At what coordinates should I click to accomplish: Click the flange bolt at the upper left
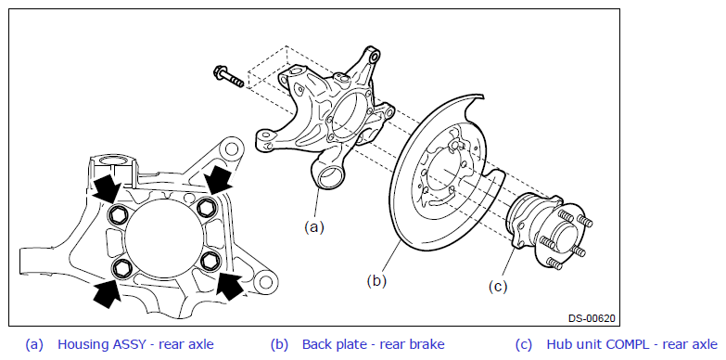tap(228, 77)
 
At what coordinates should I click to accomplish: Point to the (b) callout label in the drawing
tap(376, 281)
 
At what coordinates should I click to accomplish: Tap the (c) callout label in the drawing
tap(498, 287)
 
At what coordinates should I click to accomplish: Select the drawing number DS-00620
tap(592, 318)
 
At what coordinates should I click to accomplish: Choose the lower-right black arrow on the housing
tap(230, 285)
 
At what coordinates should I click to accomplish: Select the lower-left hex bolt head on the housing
tap(122, 267)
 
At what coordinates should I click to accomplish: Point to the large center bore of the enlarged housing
tap(164, 235)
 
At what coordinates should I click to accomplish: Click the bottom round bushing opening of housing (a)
tap(330, 178)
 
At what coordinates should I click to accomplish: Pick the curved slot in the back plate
tap(443, 200)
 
